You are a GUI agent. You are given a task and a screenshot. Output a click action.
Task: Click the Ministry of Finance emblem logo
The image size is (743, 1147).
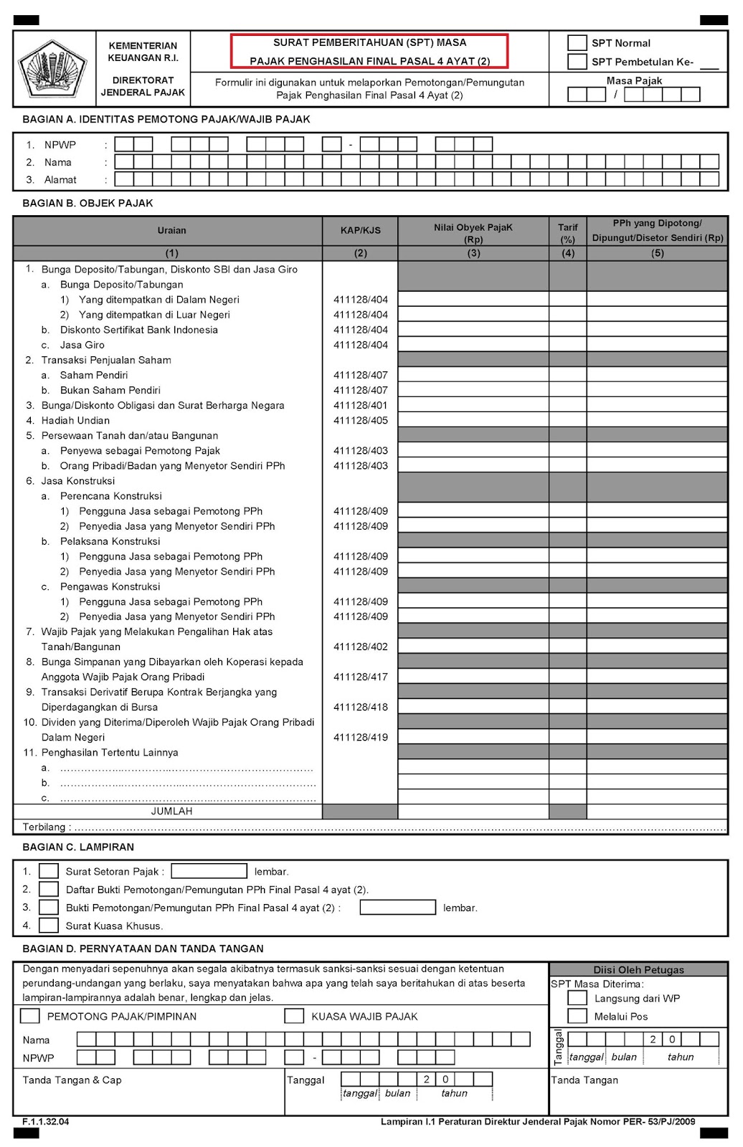(53, 70)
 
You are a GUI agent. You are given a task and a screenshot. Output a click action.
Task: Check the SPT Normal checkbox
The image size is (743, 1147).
(577, 43)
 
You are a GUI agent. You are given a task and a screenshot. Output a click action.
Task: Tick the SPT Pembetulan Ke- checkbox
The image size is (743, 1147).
(577, 62)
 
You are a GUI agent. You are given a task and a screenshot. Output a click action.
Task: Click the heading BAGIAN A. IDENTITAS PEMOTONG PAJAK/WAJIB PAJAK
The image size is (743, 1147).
(166, 120)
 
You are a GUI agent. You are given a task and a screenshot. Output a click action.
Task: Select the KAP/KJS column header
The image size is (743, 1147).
(360, 231)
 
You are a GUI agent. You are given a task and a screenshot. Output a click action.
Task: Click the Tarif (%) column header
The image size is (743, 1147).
(567, 233)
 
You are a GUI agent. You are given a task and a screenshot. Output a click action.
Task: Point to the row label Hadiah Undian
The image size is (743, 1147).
(75, 421)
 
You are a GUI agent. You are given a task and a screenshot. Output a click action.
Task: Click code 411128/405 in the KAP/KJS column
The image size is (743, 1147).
(360, 421)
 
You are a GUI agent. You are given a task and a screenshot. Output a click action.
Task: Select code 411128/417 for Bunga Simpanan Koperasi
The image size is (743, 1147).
(360, 677)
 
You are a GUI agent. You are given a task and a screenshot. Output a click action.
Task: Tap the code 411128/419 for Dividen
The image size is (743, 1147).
(360, 738)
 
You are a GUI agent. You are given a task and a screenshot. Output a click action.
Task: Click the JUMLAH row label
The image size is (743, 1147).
(171, 812)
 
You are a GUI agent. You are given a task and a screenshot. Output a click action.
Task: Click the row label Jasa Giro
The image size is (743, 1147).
(82, 345)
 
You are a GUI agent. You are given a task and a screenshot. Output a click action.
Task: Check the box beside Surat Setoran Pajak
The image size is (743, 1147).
(49, 872)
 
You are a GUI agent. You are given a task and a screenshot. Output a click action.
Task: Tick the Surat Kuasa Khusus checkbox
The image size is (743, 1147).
(49, 925)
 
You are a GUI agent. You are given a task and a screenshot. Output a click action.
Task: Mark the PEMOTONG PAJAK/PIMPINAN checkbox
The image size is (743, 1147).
(30, 1016)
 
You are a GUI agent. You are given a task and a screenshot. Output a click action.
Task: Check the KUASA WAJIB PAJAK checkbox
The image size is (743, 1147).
(294, 1016)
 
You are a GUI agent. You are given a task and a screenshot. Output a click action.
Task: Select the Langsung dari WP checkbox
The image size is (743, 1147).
(577, 998)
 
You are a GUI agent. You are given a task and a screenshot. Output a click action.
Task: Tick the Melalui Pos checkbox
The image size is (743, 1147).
(577, 1016)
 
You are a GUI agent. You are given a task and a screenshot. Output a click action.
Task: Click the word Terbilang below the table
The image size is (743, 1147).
(44, 827)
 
